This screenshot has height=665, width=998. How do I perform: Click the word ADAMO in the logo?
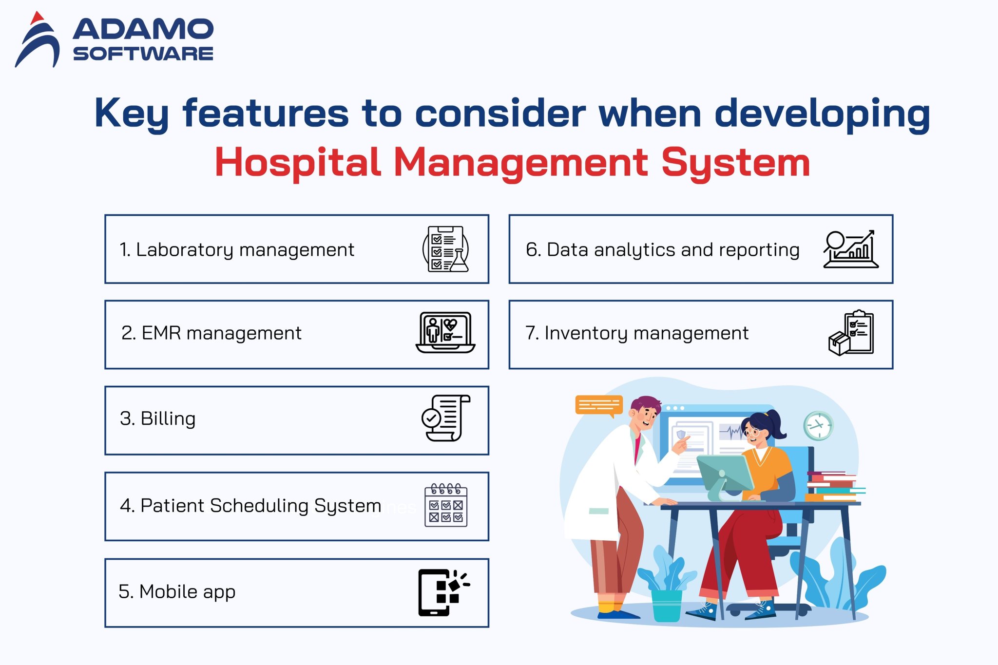tap(143, 30)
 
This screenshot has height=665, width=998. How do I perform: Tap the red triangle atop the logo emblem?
tap(37, 19)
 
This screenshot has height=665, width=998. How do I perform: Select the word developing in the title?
tap(822, 114)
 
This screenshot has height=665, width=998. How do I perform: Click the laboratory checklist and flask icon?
tap(446, 249)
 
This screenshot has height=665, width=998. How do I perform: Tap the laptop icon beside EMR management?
tap(445, 333)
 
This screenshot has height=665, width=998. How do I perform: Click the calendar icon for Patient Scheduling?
tap(446, 505)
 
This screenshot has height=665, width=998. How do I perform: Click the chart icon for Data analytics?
tap(850, 249)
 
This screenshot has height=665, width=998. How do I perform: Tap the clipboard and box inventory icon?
tap(851, 333)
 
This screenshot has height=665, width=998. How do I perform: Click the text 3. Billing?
tap(157, 418)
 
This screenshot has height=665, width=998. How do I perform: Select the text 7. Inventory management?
tap(636, 333)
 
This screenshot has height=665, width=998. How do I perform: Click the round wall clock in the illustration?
tap(818, 425)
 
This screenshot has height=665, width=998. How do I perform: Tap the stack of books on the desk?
tap(832, 486)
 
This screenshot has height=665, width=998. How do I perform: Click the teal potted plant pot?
tap(666, 606)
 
